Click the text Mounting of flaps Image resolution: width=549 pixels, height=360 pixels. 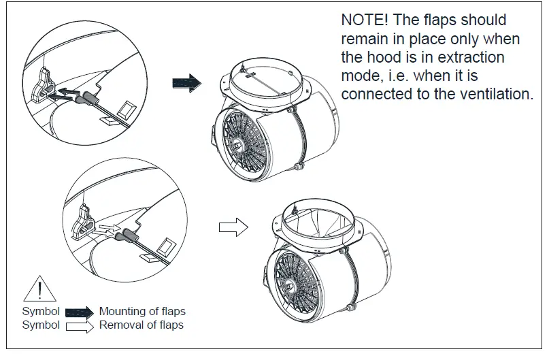click(142, 312)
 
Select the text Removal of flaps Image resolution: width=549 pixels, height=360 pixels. click(141, 325)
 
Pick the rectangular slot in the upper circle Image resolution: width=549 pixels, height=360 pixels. click(128, 108)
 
